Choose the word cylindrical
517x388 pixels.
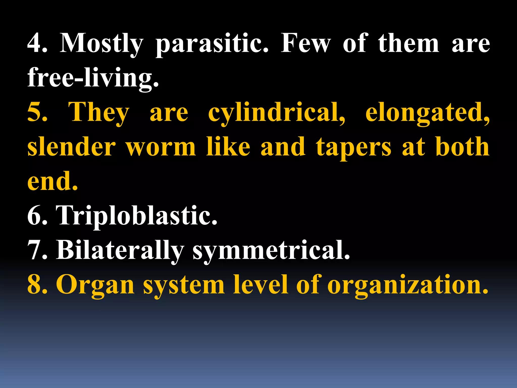(x=276, y=113)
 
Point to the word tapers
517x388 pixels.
(x=353, y=148)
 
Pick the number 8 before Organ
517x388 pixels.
(x=37, y=285)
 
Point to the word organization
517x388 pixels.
(x=407, y=285)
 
